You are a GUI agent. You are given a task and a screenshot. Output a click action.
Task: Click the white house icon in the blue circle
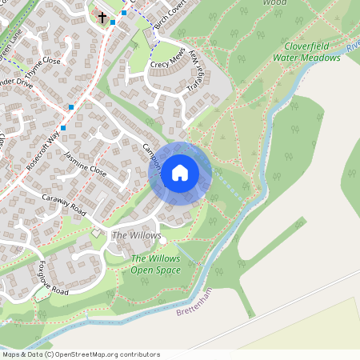pyautogui.click(x=180, y=172)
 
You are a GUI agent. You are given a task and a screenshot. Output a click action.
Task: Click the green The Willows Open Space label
pyautogui.click(x=156, y=264)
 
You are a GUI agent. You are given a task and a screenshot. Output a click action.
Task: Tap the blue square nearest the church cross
pyautogui.click(x=112, y=22)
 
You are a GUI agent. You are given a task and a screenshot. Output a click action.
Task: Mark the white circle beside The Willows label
pyautogui.click(x=162, y=239)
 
